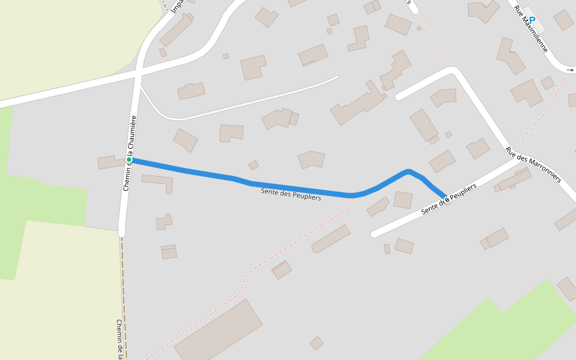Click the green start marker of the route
point(129,160)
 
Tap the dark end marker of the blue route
point(446,199)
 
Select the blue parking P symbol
point(532,20)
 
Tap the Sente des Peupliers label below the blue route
point(291,194)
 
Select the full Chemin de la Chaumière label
point(130,153)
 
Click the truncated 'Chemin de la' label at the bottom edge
point(120,339)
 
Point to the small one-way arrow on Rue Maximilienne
point(570,70)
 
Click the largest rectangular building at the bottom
point(218,331)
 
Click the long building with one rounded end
point(331,239)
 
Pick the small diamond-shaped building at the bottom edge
point(317,343)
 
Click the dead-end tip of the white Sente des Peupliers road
point(374,233)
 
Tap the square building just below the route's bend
point(403,200)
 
